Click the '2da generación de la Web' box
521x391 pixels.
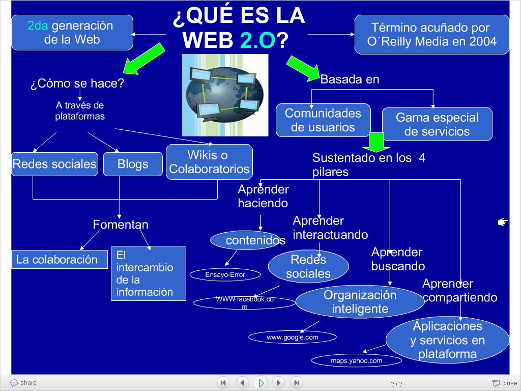(72, 33)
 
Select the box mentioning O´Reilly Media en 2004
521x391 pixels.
(431, 35)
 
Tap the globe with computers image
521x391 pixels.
(225, 95)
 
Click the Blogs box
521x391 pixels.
(132, 164)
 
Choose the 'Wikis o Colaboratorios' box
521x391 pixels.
(209, 162)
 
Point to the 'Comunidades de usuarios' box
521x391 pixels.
(323, 120)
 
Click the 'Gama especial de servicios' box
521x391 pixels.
(437, 124)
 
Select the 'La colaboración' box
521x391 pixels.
(59, 260)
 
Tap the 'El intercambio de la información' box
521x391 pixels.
(148, 273)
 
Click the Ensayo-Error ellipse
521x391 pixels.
(225, 275)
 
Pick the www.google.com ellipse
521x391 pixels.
(292, 337)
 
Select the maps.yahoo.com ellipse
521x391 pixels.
(356, 360)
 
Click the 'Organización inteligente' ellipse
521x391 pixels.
(360, 302)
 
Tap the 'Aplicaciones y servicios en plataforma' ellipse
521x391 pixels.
(447, 340)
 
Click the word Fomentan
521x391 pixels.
(121, 225)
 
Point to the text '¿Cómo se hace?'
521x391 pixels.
(77, 83)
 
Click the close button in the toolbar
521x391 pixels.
(504, 383)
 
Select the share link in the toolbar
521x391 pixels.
(23, 383)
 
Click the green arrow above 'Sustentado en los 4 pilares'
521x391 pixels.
(376, 143)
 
